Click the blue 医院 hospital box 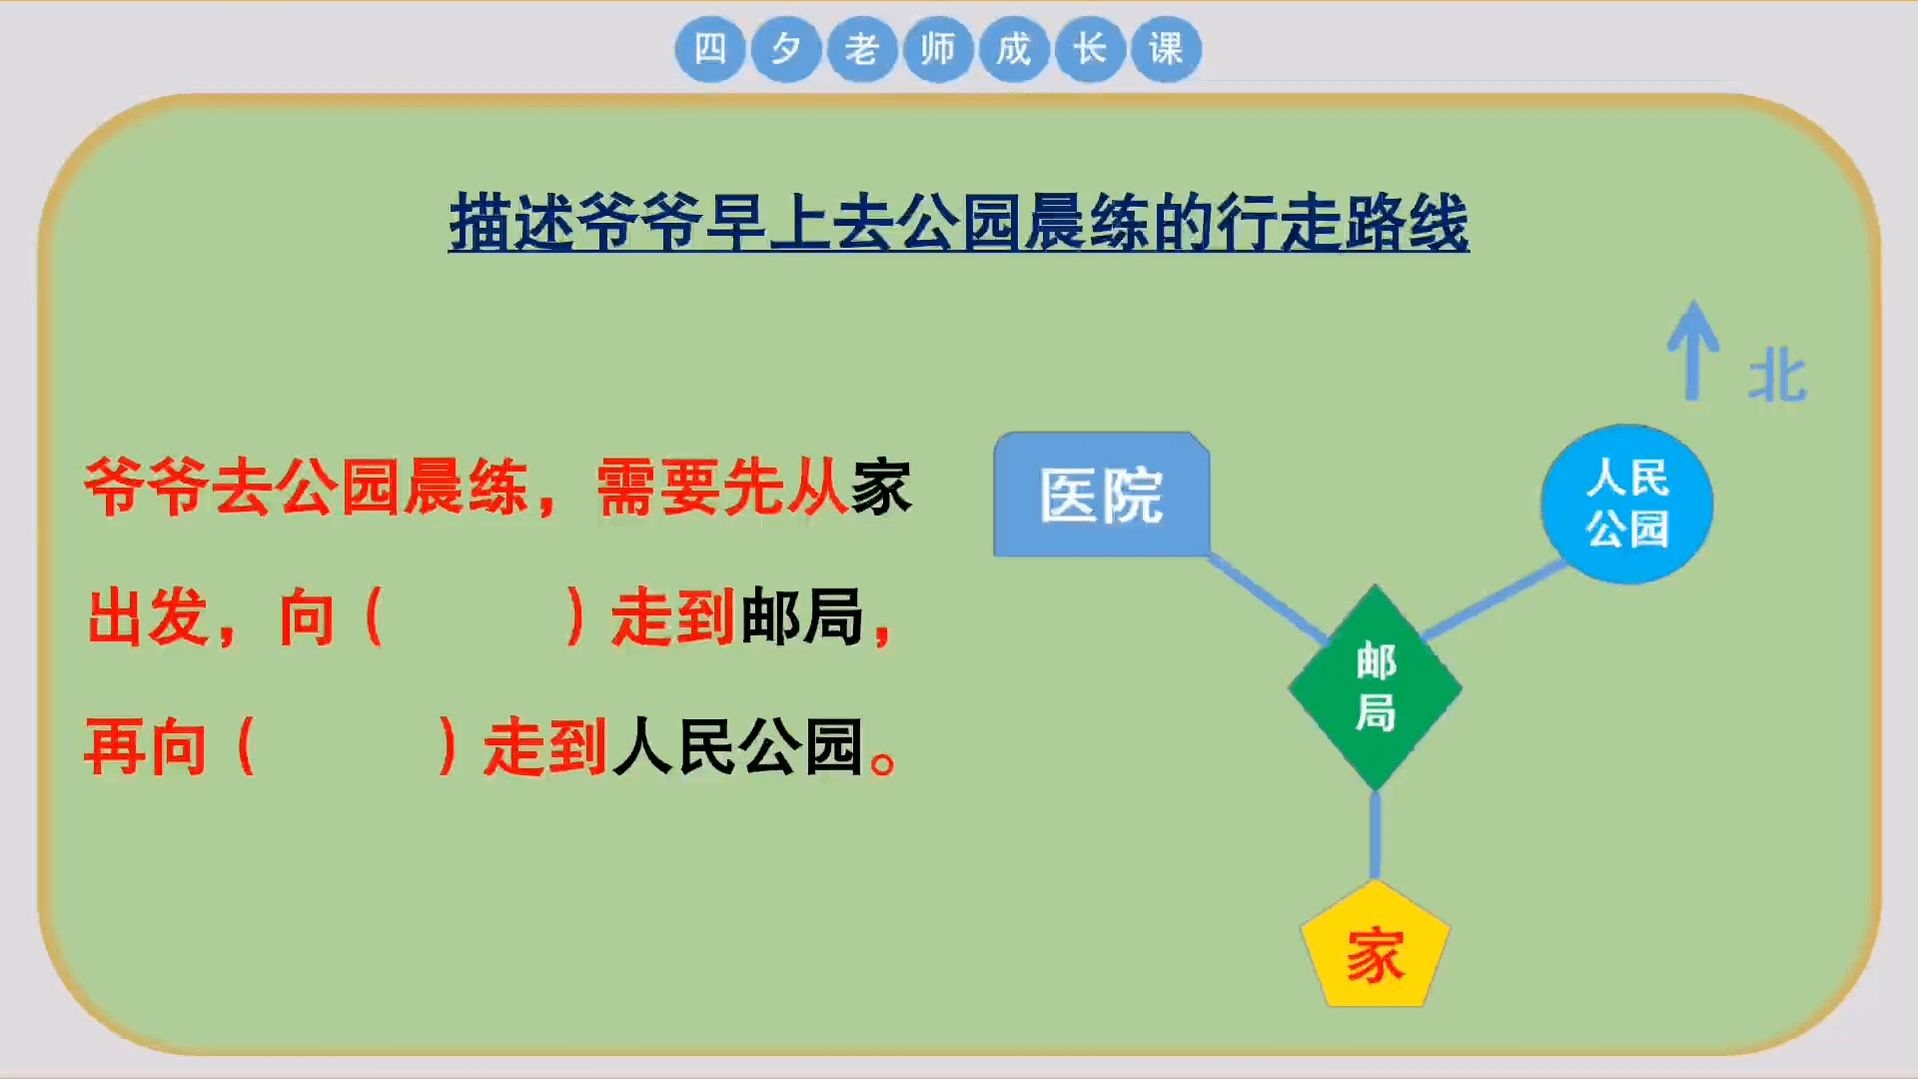pos(1101,495)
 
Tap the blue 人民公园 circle pos(1626,504)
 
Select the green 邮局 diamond pos(1375,687)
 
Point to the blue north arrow pos(1692,350)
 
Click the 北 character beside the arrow pos(1777,378)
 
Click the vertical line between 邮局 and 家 pos(1375,834)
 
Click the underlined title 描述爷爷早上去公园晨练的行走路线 pos(959,222)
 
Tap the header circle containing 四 pos(710,49)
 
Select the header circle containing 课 pos(1165,49)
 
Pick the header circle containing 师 pos(937,49)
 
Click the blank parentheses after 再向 pos(347,746)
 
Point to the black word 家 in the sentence pos(880,488)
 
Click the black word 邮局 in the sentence pos(801,616)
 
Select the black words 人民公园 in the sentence pos(737,746)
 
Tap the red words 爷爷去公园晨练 pos(306,488)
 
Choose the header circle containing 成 pos(1013,49)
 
